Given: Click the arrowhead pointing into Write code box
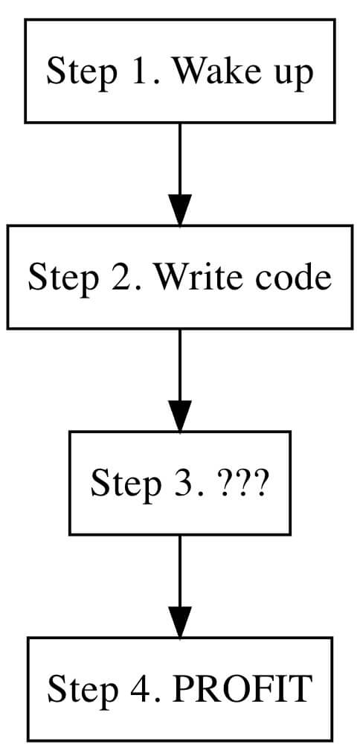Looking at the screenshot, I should click(x=180, y=210).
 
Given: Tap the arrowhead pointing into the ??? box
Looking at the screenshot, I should click(x=180, y=416).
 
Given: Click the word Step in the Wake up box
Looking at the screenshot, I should click(x=74, y=73).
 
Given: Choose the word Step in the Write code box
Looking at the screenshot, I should click(x=57, y=278).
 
